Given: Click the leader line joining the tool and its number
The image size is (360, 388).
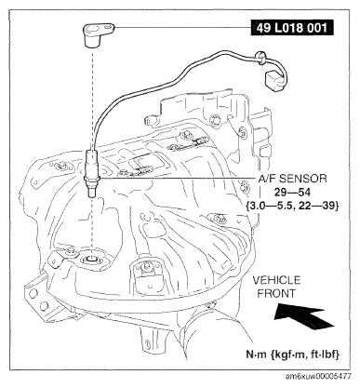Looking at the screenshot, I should click(x=177, y=28).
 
